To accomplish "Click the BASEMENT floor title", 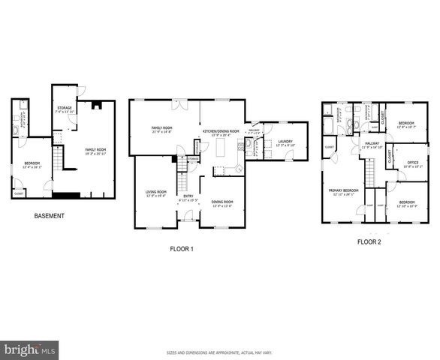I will coord(49,216).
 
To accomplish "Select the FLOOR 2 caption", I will coord(369,242).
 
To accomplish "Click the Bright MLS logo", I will coord(30,350).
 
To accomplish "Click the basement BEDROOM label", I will coord(32,163).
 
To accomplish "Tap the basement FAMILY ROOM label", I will coord(95,150).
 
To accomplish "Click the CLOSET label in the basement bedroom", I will coord(19,193).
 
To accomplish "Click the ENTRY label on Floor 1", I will coord(188,196).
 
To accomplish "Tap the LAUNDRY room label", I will coord(285,141).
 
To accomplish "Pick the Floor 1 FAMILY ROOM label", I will coord(162,128).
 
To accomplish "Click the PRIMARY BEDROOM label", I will coord(344,190).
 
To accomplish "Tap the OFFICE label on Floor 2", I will coord(412,163).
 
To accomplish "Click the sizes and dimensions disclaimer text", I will coord(219,352).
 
